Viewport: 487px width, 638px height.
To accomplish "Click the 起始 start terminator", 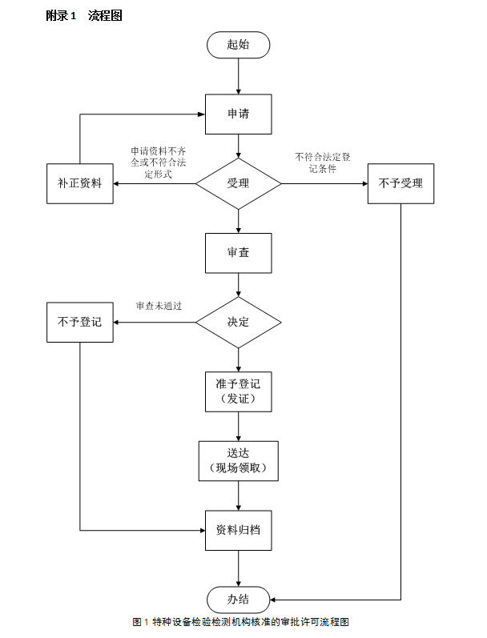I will pos(238,45).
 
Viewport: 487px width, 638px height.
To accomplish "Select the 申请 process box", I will pos(238,114).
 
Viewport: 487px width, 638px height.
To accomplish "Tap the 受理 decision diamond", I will pos(238,183).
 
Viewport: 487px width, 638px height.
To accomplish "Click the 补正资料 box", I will pos(80,183).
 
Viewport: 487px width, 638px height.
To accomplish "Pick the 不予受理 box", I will pos(400,183).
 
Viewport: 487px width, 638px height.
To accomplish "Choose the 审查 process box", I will pos(238,252).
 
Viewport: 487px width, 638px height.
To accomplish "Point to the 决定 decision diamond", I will pos(238,322).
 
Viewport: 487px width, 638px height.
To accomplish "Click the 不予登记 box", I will pos(80,322).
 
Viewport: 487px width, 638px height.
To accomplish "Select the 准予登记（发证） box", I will pos(238,391).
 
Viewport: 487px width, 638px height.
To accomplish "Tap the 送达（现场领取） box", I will pos(238,460).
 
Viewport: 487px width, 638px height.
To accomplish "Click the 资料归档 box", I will pos(238,530).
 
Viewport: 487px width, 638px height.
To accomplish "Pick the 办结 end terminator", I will pos(238,599).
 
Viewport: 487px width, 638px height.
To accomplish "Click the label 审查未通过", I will pos(159,306).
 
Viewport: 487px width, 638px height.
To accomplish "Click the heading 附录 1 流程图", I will pos(84,15).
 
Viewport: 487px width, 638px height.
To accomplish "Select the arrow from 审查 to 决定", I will pos(238,284).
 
